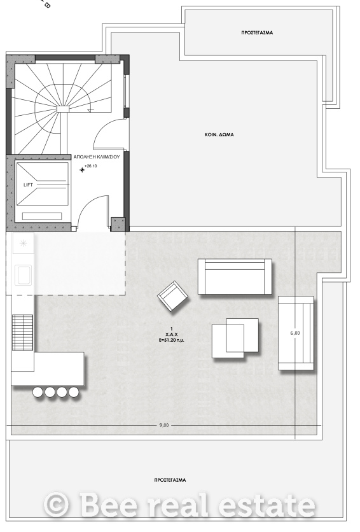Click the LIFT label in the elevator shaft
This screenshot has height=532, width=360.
pyautogui.click(x=28, y=185)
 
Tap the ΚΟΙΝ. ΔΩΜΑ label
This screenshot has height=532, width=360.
pyautogui.click(x=219, y=135)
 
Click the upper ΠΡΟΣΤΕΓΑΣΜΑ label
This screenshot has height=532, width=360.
pyautogui.click(x=257, y=32)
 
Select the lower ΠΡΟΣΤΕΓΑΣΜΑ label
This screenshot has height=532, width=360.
pyautogui.click(x=170, y=480)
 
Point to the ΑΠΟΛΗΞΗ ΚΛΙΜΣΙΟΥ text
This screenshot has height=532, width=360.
pyautogui.click(x=97, y=157)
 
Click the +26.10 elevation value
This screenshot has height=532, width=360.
pyautogui.click(x=91, y=166)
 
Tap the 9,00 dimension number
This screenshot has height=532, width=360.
pyautogui.click(x=163, y=425)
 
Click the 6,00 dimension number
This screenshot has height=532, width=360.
pyautogui.click(x=295, y=333)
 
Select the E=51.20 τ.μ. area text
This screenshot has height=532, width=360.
pyautogui.click(x=172, y=340)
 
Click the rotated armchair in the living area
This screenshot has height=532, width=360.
pyautogui.click(x=173, y=296)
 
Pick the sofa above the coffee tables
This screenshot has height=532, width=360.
pyautogui.click(x=235, y=277)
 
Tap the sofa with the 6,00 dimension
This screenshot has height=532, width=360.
pyautogui.click(x=296, y=333)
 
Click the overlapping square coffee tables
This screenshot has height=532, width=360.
pyautogui.click(x=235, y=338)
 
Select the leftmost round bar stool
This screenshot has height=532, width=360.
pyautogui.click(x=38, y=392)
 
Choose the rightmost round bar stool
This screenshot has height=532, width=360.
pyautogui.click(x=74, y=392)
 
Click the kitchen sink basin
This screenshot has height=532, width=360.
pyautogui.click(x=24, y=275)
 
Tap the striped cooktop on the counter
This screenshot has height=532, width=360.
pyautogui.click(x=22, y=332)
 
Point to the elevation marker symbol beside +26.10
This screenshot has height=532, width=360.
pyautogui.click(x=82, y=169)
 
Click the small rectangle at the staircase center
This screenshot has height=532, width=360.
pyautogui.click(x=63, y=109)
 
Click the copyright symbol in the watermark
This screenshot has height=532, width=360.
pyautogui.click(x=56, y=505)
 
